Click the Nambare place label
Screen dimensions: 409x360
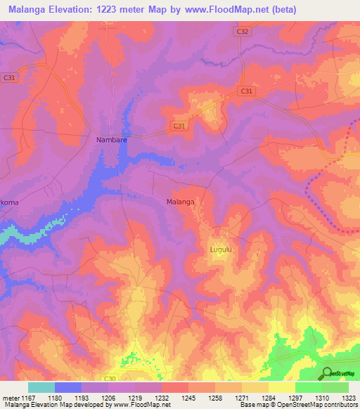pyautogui.click(x=111, y=140)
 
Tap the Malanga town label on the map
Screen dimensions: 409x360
pyautogui.click(x=180, y=202)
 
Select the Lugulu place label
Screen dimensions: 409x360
pyautogui.click(x=221, y=249)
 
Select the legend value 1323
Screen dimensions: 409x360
pyautogui.click(x=348, y=397)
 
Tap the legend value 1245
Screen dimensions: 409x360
pyautogui.click(x=188, y=397)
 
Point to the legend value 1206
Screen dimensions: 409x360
pyautogui.click(x=108, y=397)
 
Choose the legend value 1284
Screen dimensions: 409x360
pyautogui.click(x=268, y=397)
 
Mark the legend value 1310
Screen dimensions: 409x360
pyautogui.click(x=321, y=397)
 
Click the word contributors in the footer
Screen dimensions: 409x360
pyautogui.click(x=340, y=405)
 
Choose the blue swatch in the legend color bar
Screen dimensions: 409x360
pyautogui.click(x=68, y=387)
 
